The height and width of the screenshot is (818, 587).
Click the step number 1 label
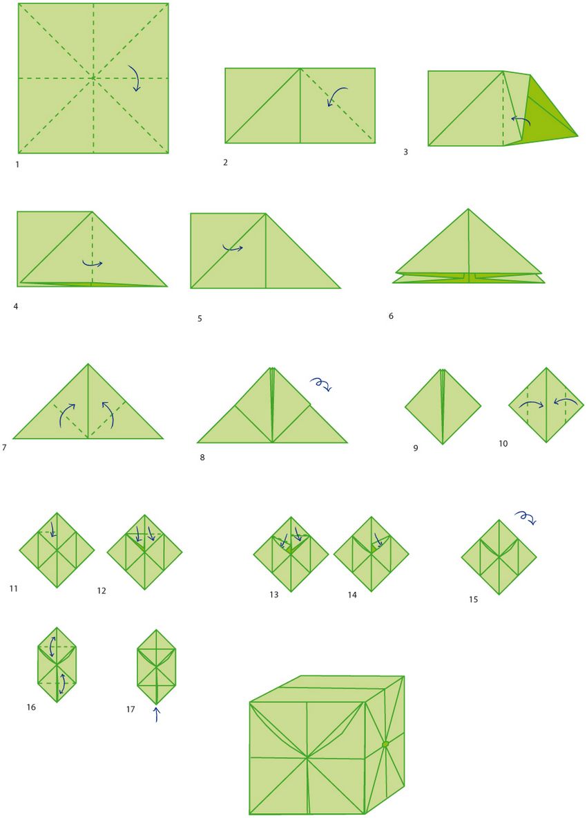(17, 165)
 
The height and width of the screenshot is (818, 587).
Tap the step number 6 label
(391, 315)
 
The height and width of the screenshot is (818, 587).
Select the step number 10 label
(503, 443)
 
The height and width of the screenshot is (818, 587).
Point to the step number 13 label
(274, 594)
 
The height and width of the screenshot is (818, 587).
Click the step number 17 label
(131, 709)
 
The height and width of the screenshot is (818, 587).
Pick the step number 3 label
(406, 152)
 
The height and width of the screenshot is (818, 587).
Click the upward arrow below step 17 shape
(156, 714)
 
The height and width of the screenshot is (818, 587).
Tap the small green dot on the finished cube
(385, 744)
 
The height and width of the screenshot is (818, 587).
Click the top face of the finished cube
(327, 689)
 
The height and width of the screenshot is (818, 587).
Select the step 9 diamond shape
(443, 407)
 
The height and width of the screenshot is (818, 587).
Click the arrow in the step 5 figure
(233, 248)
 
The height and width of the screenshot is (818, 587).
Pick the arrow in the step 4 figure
(93, 263)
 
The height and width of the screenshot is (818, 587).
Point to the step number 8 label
(202, 458)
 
